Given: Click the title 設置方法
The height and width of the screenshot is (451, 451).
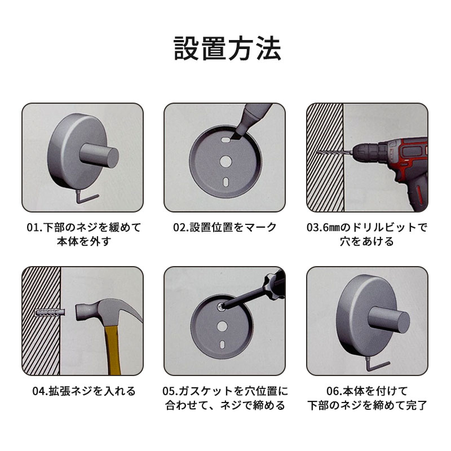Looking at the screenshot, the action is click(x=227, y=48).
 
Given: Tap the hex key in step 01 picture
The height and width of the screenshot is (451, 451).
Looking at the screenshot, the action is click(x=86, y=197).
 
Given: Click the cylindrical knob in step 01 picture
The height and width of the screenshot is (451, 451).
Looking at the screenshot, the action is click(x=99, y=156).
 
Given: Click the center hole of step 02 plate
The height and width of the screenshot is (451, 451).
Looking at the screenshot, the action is click(x=226, y=161).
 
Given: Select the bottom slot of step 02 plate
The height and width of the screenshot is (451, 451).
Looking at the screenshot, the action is click(x=226, y=182).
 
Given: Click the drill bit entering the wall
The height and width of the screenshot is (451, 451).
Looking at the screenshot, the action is click(x=334, y=152).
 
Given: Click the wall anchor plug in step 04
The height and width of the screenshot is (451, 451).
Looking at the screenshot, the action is click(x=50, y=313).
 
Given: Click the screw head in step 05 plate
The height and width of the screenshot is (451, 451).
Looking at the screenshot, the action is click(x=221, y=307).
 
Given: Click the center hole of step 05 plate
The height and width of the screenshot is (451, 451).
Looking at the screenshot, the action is click(x=222, y=326).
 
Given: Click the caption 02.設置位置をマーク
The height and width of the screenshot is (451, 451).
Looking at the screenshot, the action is click(x=224, y=227).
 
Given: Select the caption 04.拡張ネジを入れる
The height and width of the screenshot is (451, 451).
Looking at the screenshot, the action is click(x=83, y=391).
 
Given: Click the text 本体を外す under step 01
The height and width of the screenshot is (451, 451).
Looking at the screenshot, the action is click(x=84, y=241).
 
